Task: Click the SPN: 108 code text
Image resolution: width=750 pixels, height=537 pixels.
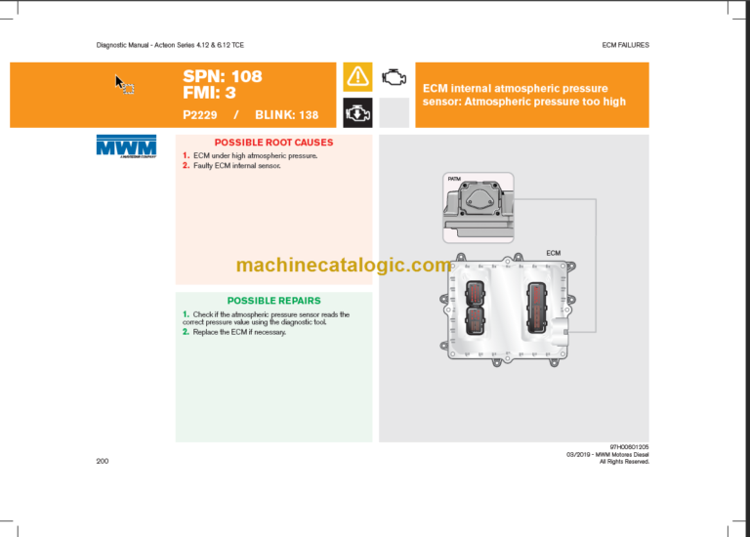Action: tap(223, 76)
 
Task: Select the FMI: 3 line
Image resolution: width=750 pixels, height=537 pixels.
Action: tap(209, 94)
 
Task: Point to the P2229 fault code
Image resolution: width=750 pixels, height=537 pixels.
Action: tap(201, 115)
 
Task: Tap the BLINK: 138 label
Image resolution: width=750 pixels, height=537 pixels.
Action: tap(286, 115)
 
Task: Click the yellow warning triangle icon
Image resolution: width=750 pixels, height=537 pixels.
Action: tap(357, 76)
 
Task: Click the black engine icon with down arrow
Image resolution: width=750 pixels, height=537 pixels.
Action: tap(357, 112)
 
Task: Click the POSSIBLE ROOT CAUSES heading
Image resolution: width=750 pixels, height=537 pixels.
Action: tap(273, 143)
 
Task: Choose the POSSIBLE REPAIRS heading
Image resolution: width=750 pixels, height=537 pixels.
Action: tap(273, 301)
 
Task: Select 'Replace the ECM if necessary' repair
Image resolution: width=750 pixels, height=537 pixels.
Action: tap(239, 333)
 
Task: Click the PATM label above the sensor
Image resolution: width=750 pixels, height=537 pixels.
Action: tap(454, 180)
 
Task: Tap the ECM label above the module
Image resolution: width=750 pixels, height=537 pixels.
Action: tap(553, 253)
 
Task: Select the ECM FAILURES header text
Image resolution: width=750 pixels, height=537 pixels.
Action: tap(625, 45)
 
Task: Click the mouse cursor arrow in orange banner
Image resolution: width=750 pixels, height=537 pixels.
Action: tap(124, 84)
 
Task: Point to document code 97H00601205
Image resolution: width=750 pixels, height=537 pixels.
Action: tap(627, 447)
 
